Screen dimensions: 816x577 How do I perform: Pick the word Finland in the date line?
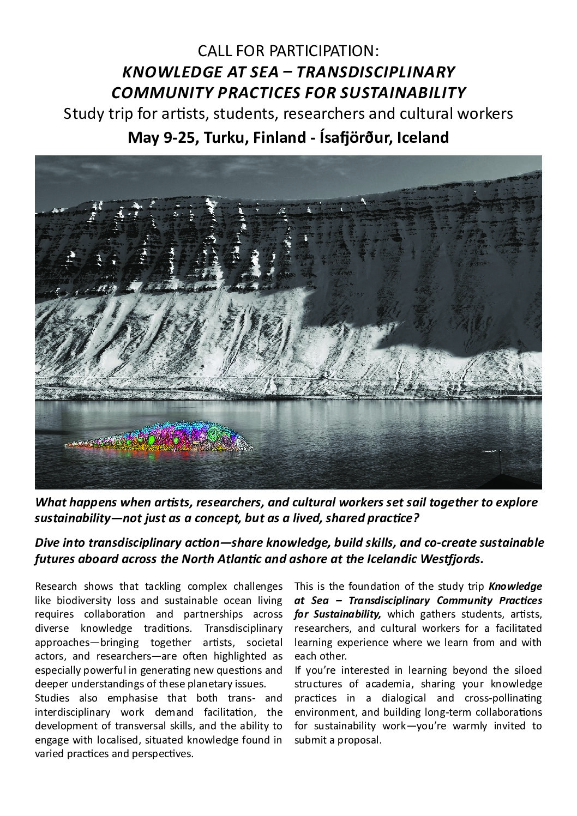click(x=277, y=137)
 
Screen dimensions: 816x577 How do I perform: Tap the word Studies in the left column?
click(x=50, y=698)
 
